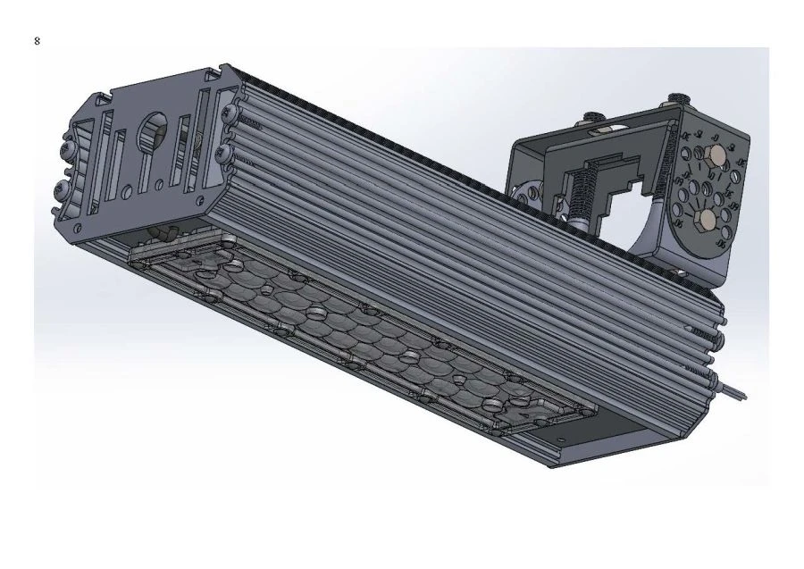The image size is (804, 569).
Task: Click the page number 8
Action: pyautogui.click(x=38, y=41)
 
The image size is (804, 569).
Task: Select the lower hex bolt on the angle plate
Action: pyautogui.click(x=706, y=219)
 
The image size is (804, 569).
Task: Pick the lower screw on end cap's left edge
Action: pyautogui.click(x=62, y=189)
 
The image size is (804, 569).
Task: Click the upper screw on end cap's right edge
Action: pyautogui.click(x=231, y=112)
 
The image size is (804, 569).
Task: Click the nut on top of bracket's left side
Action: pyautogui.click(x=592, y=118)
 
